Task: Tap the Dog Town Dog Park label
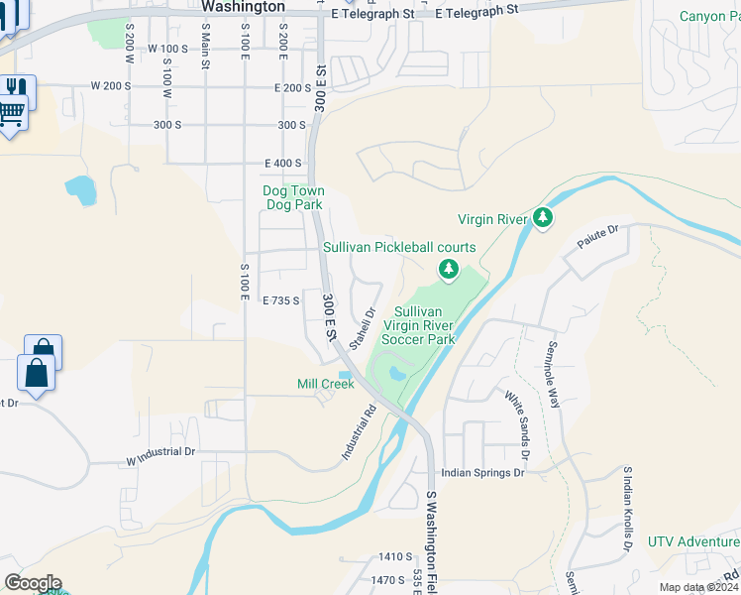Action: coord(293,197)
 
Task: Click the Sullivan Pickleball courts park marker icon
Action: coord(449,268)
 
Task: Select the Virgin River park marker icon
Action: coord(542,217)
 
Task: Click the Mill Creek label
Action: coord(325,384)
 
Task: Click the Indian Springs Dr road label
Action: coord(482,473)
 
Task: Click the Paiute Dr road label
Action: coord(598,235)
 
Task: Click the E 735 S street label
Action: coord(280,299)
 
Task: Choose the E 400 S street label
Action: coord(282,163)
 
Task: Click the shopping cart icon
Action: coord(11,115)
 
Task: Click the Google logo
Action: coord(32,583)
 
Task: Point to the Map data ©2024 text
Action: coord(697,587)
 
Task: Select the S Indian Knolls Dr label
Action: coord(628,508)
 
